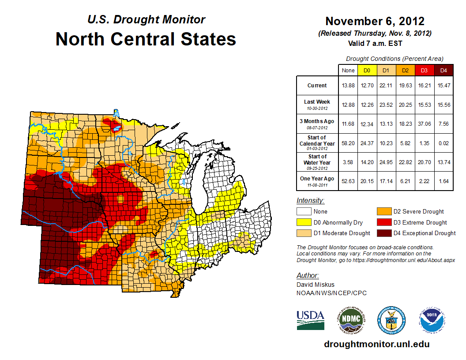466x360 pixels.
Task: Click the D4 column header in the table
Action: tap(443, 70)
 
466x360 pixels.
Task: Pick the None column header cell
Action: tap(348, 70)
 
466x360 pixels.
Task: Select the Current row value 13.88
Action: tap(348, 86)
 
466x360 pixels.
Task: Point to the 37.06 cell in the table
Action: tap(424, 124)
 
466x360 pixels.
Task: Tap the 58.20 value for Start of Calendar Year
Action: tap(348, 143)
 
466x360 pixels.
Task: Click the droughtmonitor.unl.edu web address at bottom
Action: tap(376, 344)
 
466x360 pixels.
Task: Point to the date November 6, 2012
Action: tap(375, 21)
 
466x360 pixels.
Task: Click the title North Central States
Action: tap(146, 39)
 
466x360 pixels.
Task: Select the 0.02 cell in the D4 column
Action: tap(443, 143)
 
